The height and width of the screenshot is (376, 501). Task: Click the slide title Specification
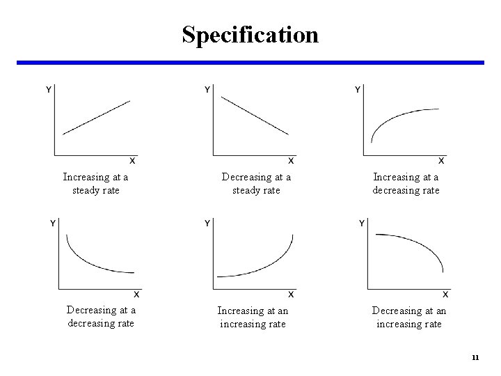click(250, 34)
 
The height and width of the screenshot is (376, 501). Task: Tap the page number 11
click(475, 358)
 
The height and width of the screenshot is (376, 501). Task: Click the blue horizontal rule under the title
click(250, 63)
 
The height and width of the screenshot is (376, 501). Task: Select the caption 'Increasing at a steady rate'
click(95, 184)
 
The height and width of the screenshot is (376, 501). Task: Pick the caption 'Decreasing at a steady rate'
click(256, 184)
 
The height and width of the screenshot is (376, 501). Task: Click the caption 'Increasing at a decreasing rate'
click(406, 184)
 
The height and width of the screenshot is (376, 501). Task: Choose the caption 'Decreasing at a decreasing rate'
click(101, 317)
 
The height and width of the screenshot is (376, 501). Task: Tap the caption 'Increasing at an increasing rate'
click(253, 317)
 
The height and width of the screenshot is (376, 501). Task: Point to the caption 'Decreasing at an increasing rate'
click(408, 317)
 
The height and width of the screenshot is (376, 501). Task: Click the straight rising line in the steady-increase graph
click(96, 118)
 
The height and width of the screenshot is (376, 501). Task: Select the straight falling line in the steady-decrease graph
click(254, 115)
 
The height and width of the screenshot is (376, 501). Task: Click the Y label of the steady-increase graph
click(48, 89)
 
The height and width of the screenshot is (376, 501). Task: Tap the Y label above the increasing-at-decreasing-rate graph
click(358, 89)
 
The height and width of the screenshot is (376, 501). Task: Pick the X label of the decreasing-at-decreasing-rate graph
click(136, 294)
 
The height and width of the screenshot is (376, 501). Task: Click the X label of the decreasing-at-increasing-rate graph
click(445, 294)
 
